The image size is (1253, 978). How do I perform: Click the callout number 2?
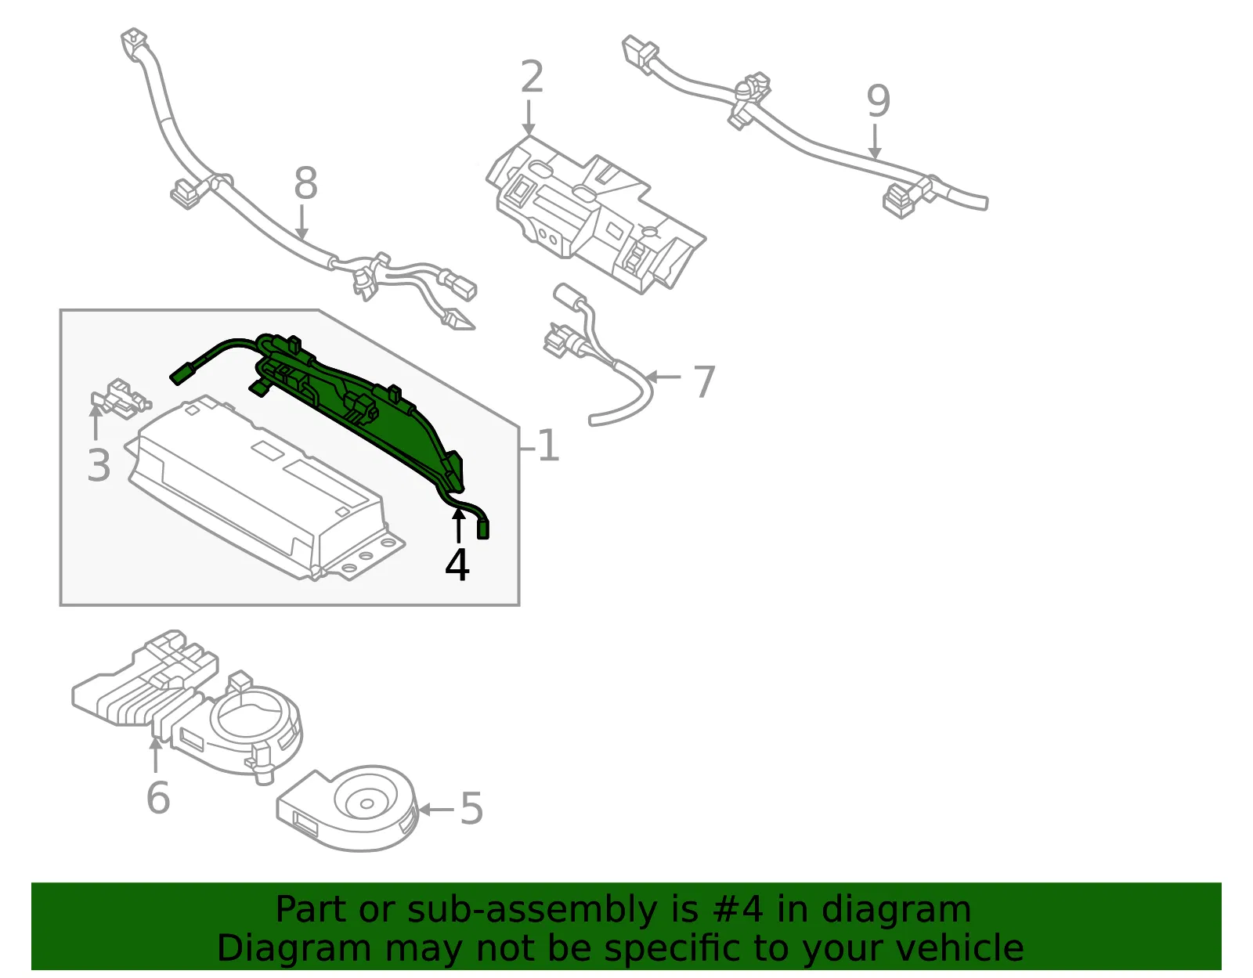click(532, 77)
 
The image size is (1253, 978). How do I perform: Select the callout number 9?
click(878, 101)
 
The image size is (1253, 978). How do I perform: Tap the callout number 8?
click(305, 183)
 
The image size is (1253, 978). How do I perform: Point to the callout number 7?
click(704, 381)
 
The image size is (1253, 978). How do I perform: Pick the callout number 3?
click(99, 466)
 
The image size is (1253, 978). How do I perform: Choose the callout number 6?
click(158, 798)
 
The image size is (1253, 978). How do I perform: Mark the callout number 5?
click(471, 809)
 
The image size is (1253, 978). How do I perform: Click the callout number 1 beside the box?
click(548, 445)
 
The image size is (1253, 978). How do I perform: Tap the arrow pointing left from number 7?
click(663, 377)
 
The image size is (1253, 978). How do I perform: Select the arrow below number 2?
click(529, 118)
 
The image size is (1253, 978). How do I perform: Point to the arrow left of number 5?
click(435, 810)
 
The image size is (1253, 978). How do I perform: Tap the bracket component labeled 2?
click(596, 215)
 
